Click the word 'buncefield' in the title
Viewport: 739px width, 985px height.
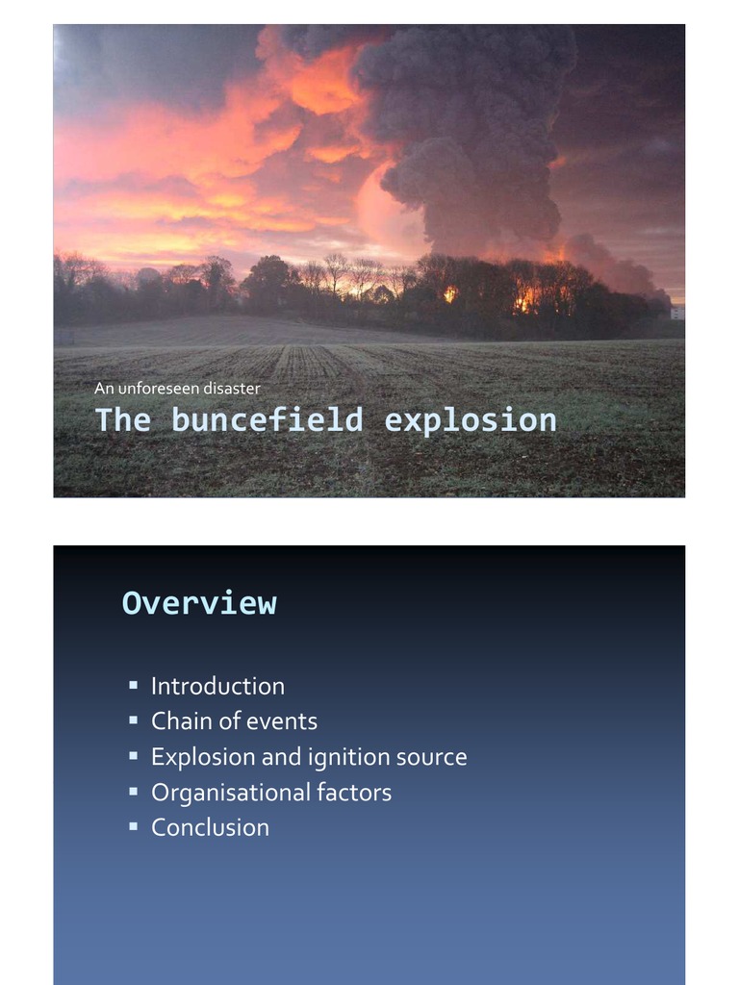[268, 420]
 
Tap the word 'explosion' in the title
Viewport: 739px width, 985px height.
[470, 420]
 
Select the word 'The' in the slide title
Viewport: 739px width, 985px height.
[122, 420]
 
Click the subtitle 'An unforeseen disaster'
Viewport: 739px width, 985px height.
[177, 389]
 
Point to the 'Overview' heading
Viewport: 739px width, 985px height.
[199, 603]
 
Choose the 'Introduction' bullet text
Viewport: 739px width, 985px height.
[217, 686]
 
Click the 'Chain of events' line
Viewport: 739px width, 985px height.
[234, 721]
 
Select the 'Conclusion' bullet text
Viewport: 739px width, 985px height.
[210, 827]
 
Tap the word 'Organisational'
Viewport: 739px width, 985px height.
[217, 793]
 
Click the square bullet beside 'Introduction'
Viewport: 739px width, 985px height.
[133, 685]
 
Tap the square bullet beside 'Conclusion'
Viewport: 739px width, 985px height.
[133, 826]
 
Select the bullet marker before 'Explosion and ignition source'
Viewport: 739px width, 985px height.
[133, 756]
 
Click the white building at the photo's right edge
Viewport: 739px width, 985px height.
[677, 314]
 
